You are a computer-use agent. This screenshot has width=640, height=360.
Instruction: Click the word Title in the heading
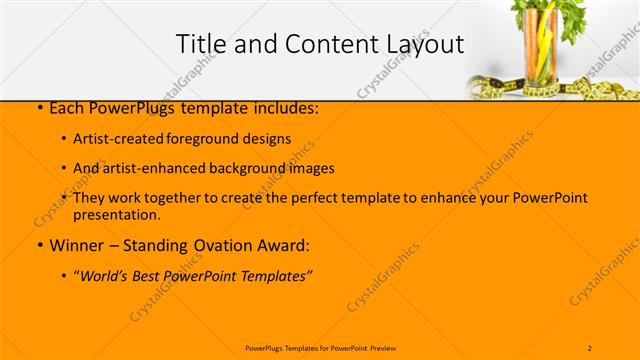point(198,44)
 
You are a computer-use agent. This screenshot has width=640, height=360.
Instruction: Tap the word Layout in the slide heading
point(426,44)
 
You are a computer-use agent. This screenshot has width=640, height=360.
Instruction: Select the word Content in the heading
point(321,44)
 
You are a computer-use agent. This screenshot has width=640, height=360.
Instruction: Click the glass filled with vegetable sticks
point(542,55)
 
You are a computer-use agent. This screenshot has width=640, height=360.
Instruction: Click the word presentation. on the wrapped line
point(116,214)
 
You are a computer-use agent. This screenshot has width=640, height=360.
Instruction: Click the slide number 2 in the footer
point(590,347)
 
